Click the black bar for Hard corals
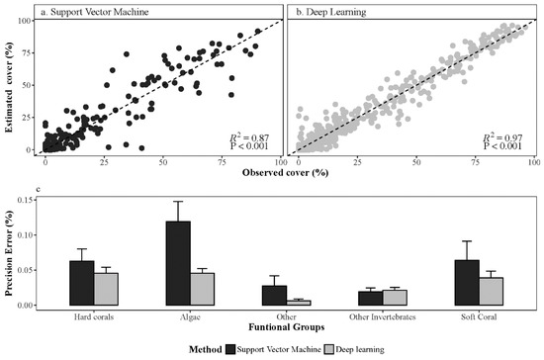(x=82, y=283)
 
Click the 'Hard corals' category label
(x=94, y=315)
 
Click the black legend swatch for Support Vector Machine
(x=231, y=348)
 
